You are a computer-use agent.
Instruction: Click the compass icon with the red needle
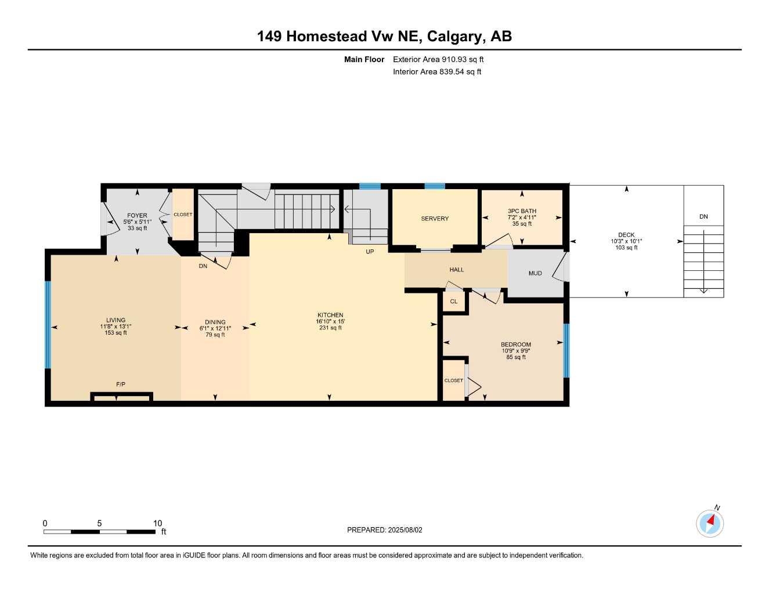point(709,524)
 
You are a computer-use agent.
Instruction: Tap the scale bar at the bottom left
point(99,531)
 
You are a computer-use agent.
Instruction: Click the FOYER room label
point(137,216)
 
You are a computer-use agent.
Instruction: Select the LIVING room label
point(115,320)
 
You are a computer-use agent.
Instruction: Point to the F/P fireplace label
point(121,385)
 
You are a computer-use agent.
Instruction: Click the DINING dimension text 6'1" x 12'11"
point(215,328)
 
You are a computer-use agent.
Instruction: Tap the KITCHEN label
point(330,315)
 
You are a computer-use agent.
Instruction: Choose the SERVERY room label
point(435,219)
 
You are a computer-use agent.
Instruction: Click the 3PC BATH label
point(522,211)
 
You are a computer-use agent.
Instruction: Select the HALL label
point(457,270)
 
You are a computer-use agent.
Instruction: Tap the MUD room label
point(535,273)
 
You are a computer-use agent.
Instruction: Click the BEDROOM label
point(515,345)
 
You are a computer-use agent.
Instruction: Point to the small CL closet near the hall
point(454,302)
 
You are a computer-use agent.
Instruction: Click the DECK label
point(626,235)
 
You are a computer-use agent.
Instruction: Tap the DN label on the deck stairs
point(703,217)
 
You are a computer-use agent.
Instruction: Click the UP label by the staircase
point(370,252)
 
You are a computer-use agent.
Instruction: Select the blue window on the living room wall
point(48,325)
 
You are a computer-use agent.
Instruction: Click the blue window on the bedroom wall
point(566,350)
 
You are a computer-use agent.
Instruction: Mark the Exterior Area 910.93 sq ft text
point(438,59)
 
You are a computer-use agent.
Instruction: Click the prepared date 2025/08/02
point(385,530)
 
